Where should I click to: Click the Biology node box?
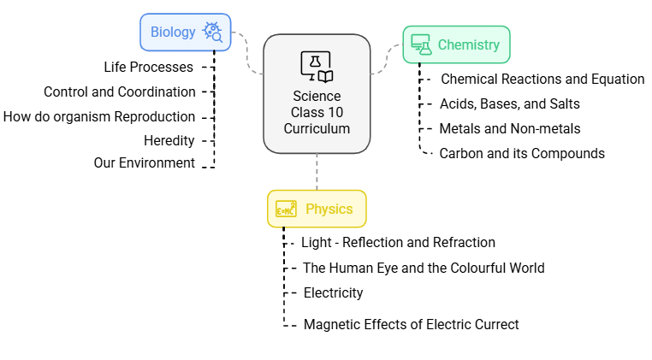pos(185,32)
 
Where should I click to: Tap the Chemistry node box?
pos(456,44)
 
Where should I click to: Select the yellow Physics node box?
pos(317,209)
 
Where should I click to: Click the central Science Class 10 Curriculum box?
pos(317,94)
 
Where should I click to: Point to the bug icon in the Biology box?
pos(212,32)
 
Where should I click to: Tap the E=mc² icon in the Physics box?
pos(286,209)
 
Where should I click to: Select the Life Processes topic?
pos(148,66)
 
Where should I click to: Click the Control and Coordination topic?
pos(119,91)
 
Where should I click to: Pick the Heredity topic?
pos(169,140)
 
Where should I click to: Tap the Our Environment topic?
pos(144,162)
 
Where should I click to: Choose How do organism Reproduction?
pos(99,116)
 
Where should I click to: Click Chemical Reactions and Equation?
pos(542,79)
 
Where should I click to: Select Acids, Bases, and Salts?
pos(509,103)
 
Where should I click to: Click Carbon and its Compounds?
pos(522,153)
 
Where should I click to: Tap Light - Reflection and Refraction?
pos(398,243)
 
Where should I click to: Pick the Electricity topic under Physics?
pos(333,292)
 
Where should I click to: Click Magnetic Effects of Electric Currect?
pos(411,324)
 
